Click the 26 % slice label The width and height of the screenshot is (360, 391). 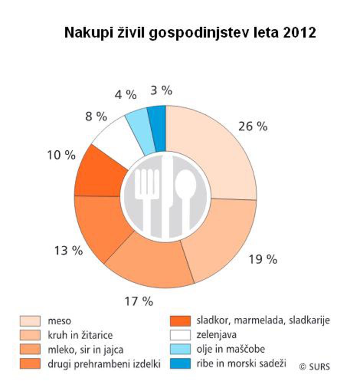[x=252, y=126]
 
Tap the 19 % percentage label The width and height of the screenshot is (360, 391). [x=262, y=259]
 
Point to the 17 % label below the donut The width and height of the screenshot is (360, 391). [x=138, y=301]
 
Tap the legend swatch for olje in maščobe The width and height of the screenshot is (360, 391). [x=180, y=349]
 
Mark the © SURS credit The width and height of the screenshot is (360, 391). [x=314, y=366]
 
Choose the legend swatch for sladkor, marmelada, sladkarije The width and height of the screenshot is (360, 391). [x=180, y=320]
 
